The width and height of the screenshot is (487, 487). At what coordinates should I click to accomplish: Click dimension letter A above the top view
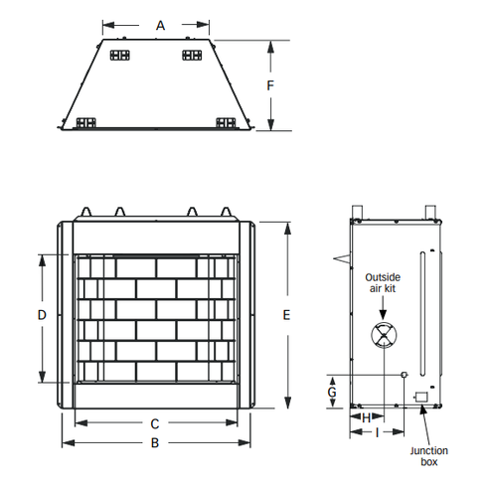(160, 26)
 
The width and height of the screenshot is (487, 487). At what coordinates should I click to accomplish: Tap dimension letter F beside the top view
(270, 85)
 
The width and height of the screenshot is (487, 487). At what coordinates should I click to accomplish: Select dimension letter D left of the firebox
(42, 315)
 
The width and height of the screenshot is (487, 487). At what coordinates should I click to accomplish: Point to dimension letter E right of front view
(286, 315)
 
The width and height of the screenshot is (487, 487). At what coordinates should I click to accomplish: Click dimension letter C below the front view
(155, 423)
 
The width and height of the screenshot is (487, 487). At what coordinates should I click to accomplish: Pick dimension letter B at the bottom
(155, 442)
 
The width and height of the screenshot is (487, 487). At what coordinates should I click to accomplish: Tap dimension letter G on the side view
(332, 393)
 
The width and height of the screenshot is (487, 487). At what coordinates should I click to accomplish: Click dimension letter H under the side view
(366, 418)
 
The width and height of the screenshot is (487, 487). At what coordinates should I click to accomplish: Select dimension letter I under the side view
(377, 432)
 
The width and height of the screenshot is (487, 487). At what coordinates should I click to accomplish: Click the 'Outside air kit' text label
(383, 282)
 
